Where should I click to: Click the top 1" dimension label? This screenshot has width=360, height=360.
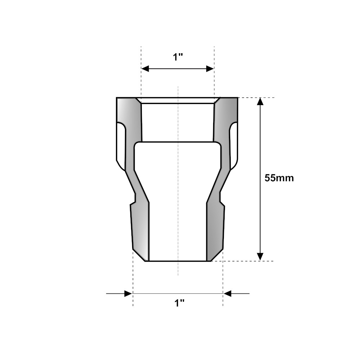178,57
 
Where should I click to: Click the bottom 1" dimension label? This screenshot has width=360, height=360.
179,303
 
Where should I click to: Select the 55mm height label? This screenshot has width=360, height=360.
279,178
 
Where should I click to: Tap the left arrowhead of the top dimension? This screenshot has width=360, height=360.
145,69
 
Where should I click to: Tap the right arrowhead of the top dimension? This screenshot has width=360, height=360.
210,69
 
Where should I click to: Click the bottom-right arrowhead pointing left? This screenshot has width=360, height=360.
228,293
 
